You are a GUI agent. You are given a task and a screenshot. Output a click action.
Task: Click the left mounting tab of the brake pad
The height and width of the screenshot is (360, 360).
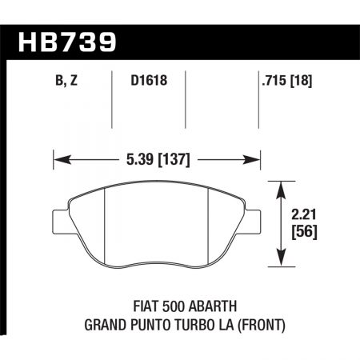[x=60, y=219]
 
